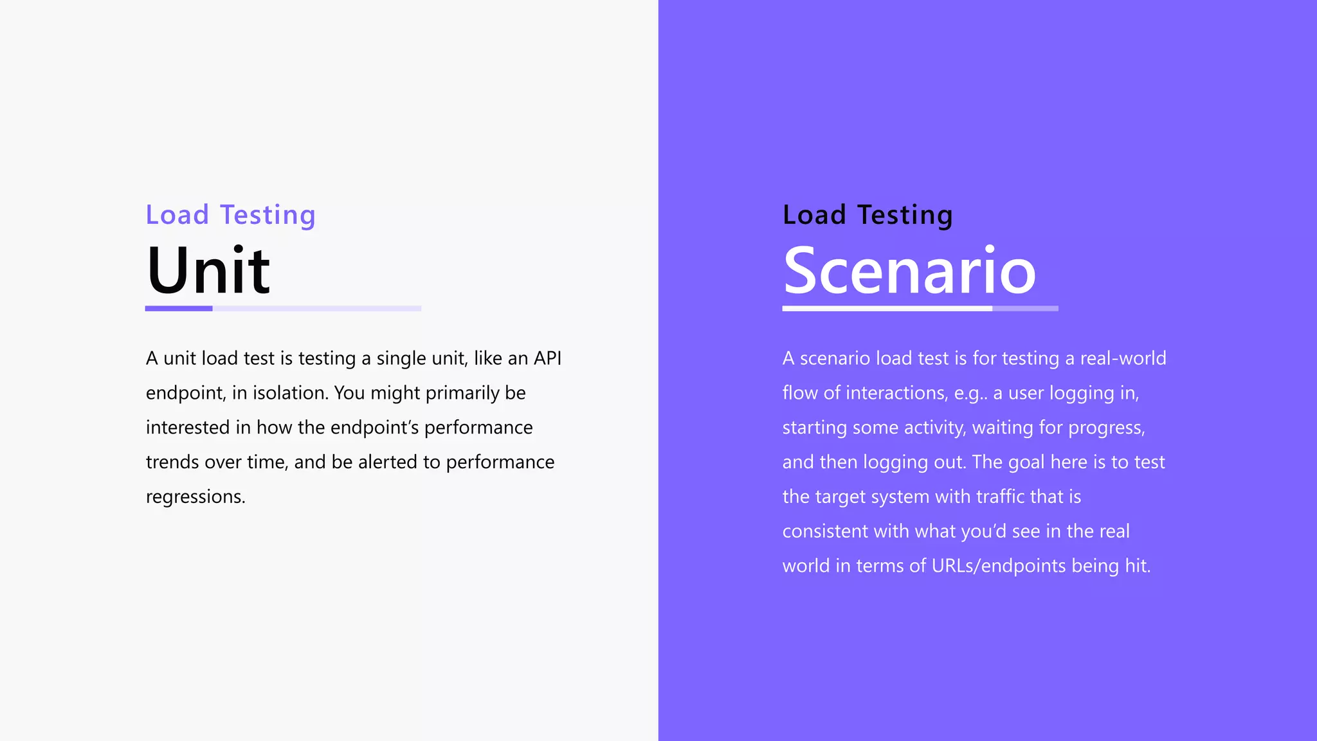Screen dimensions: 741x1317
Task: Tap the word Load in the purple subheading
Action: point(177,215)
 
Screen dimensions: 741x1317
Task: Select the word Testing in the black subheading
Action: point(905,215)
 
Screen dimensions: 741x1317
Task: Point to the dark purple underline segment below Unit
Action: point(179,309)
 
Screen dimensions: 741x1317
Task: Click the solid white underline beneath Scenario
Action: point(887,309)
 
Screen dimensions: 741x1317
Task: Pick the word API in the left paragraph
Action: point(547,358)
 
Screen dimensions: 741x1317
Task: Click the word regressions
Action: point(195,497)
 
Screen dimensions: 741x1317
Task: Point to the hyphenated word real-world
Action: point(1123,358)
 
